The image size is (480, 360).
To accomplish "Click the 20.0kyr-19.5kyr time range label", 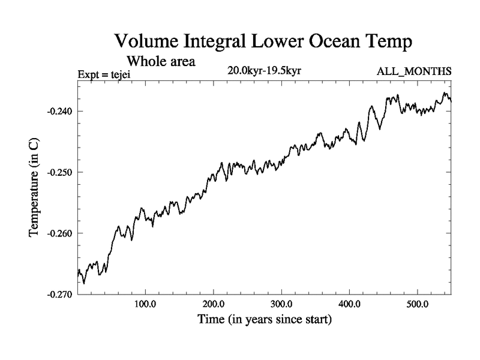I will coord(264,71).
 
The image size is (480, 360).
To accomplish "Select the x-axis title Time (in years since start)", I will coord(265,320).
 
